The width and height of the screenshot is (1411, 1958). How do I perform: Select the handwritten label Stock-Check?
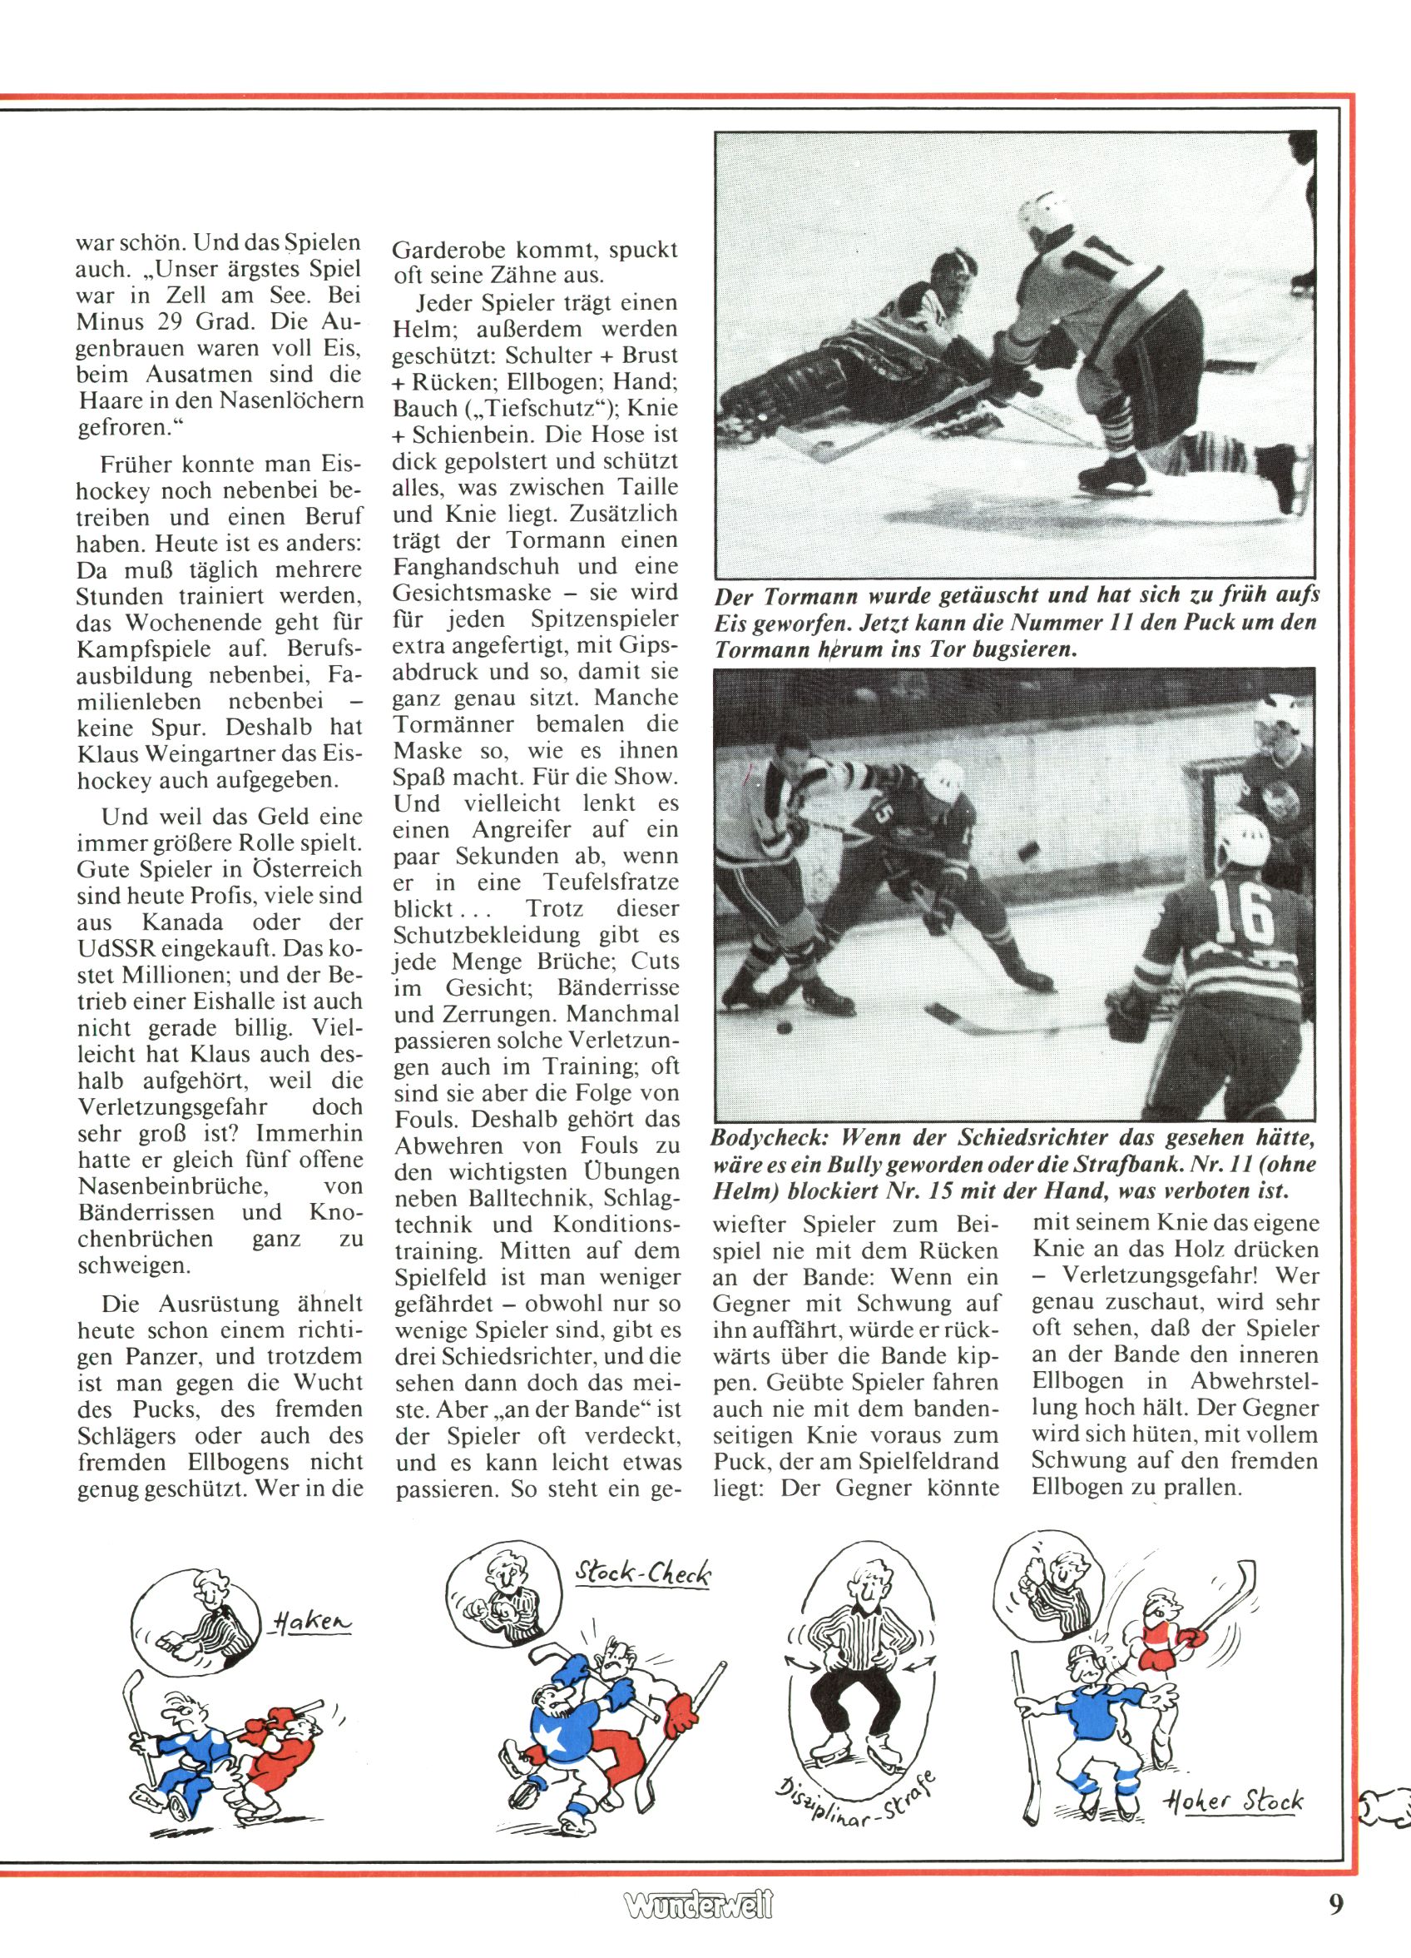(643, 1574)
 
